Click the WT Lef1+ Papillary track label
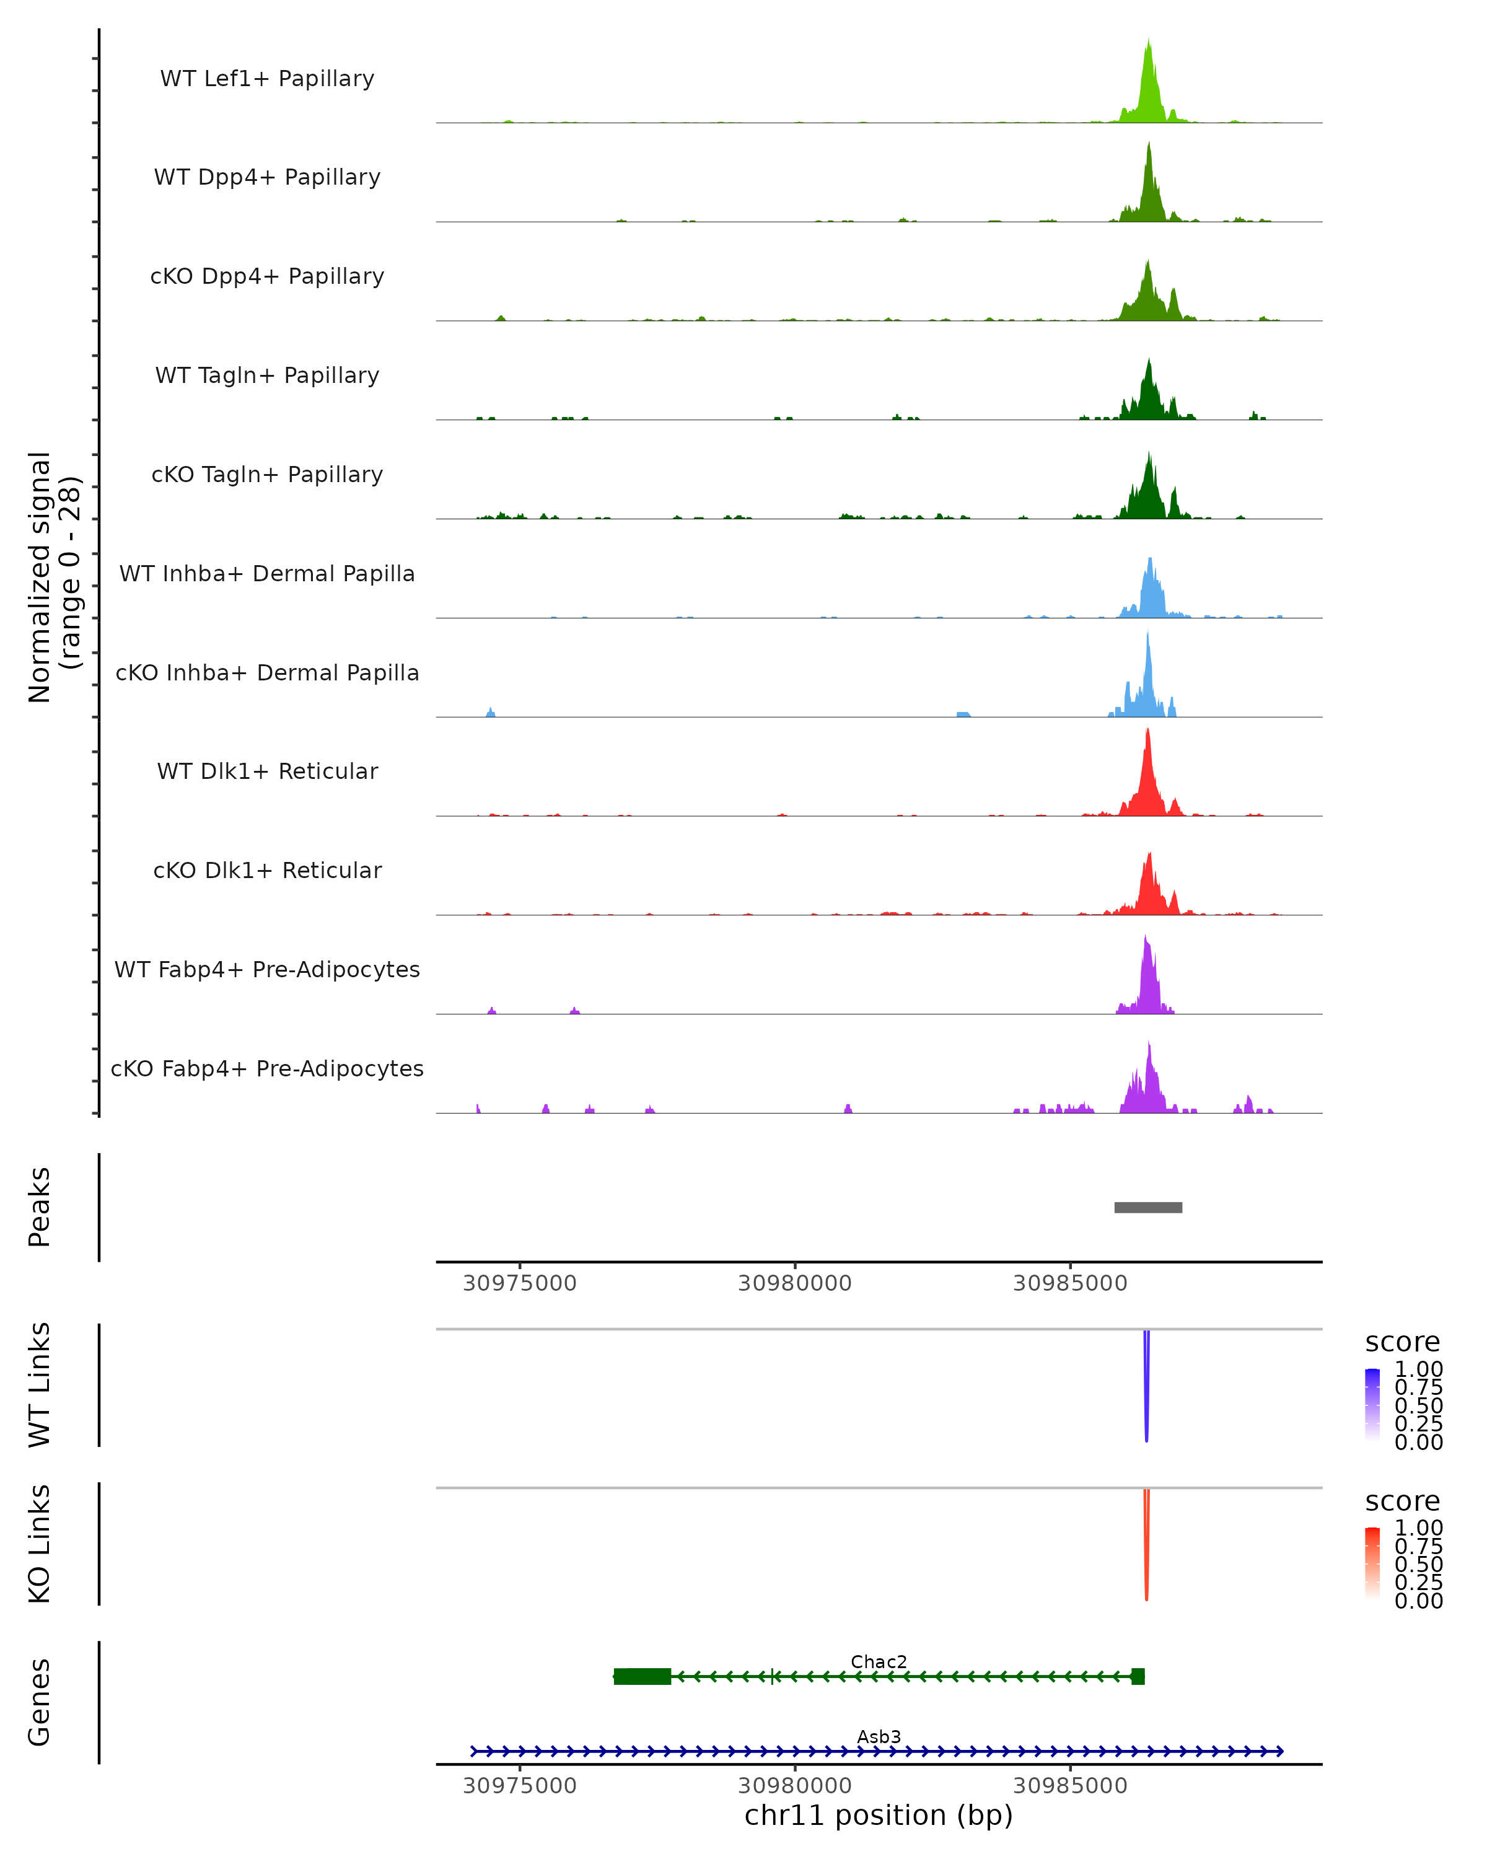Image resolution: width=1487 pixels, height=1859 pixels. click(267, 79)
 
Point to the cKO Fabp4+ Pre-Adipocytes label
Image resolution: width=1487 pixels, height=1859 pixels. click(267, 1068)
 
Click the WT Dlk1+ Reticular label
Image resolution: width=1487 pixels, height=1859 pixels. click(267, 771)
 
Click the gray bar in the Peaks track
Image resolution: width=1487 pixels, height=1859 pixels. click(1147, 1207)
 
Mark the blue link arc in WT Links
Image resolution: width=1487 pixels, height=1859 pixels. click(1146, 1388)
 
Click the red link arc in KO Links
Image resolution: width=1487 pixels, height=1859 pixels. click(1146, 1548)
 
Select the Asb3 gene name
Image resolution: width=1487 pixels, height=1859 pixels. click(879, 1736)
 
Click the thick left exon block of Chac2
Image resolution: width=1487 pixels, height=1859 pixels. click(643, 1676)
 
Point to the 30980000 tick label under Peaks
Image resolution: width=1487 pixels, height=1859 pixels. click(795, 1283)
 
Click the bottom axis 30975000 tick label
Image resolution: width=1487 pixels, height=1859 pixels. click(520, 1786)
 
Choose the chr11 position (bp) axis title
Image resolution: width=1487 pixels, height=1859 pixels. click(879, 1816)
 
